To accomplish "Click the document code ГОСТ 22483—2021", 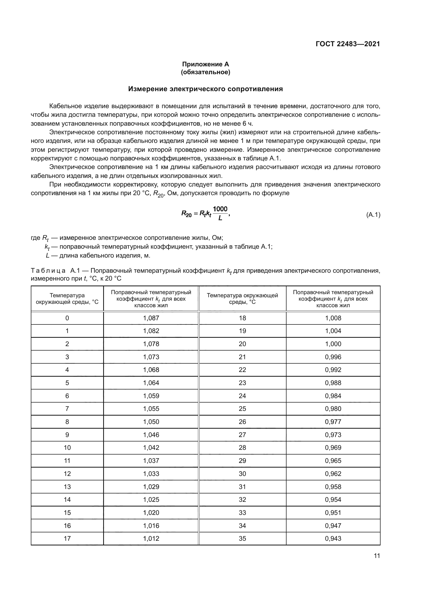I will coord(348,44).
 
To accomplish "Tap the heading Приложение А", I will coord(205,64).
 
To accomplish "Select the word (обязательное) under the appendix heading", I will coord(205,72).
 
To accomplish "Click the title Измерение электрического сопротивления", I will coord(205,89).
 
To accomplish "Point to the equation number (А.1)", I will coord(373,215).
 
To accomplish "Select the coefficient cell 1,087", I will coord(151,318).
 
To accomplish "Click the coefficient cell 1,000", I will coord(333,344).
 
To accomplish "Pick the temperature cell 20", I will coord(242,344).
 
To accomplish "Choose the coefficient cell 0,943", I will coord(333,538).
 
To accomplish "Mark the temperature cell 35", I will coord(242,538).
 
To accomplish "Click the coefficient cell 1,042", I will coord(151,448).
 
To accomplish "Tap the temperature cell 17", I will coord(67,538).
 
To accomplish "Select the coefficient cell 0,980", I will coord(333,409).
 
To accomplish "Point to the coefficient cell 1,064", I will coord(151,383).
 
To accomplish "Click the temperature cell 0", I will coord(67,318).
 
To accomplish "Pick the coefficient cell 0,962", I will coord(333,474).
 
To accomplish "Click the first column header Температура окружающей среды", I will coord(67,299).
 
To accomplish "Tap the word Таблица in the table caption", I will coord(48,271).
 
